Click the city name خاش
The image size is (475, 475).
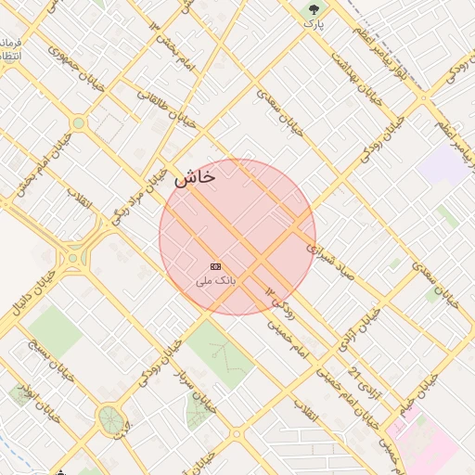195,176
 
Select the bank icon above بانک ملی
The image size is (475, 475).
216,266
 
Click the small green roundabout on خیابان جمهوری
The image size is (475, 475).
78,122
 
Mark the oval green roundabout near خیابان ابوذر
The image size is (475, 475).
111,418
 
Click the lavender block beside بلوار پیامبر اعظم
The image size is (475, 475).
444,164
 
